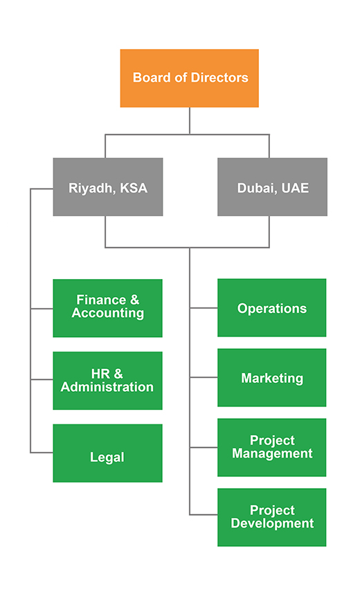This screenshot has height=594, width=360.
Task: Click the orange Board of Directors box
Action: [x=190, y=78]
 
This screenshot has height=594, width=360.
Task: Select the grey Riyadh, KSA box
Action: [x=108, y=187]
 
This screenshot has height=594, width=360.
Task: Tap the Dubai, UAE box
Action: [x=273, y=187]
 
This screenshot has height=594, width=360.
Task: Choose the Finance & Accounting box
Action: [x=107, y=308]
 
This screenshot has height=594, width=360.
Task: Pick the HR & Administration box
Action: [x=107, y=380]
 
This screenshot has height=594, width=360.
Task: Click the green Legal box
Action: [x=107, y=453]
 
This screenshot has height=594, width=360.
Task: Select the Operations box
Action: [x=271, y=307]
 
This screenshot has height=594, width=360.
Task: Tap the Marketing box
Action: [x=271, y=377]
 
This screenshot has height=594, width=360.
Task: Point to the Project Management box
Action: [x=271, y=447]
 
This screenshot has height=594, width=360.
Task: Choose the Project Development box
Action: [x=271, y=517]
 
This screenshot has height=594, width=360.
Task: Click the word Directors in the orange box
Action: [x=219, y=78]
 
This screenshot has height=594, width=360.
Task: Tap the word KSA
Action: [x=134, y=188]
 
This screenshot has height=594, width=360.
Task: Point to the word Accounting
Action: [x=108, y=314]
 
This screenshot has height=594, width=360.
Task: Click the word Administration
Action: [x=107, y=387]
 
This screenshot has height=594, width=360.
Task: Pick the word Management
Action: [x=273, y=454]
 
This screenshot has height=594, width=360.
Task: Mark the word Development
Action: [x=273, y=523]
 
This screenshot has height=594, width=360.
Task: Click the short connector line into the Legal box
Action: [x=42, y=452]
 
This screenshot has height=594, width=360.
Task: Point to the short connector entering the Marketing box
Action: [x=204, y=377]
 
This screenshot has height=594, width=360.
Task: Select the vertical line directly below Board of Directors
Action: [x=190, y=120]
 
